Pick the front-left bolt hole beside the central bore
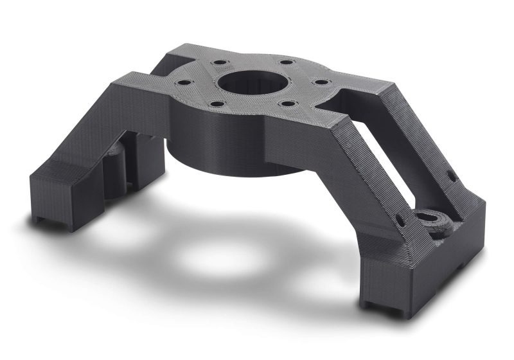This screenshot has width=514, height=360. [218, 103]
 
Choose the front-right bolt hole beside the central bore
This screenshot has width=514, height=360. [288, 103]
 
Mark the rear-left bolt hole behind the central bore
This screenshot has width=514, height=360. [219, 63]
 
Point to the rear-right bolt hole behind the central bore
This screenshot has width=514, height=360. [285, 63]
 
